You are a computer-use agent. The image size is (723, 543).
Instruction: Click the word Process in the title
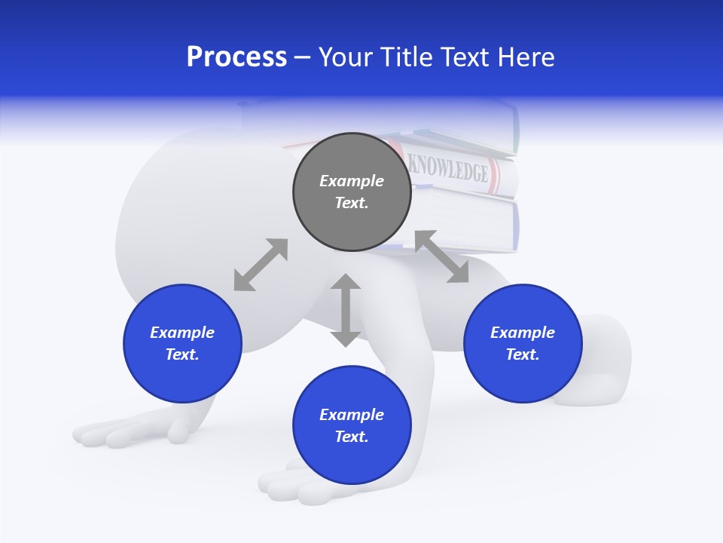coord(236,57)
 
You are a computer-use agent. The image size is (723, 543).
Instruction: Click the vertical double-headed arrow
coord(346,310)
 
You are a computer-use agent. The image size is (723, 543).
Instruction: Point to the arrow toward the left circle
coord(261,265)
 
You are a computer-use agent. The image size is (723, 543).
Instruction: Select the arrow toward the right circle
coord(441,257)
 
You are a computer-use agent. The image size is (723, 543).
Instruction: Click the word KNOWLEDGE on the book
coord(447,170)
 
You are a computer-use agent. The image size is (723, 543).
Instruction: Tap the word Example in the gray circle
coord(352,181)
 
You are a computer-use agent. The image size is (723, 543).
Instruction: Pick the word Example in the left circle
coord(182,333)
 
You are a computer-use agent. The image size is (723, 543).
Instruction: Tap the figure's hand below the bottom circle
coord(294,486)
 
